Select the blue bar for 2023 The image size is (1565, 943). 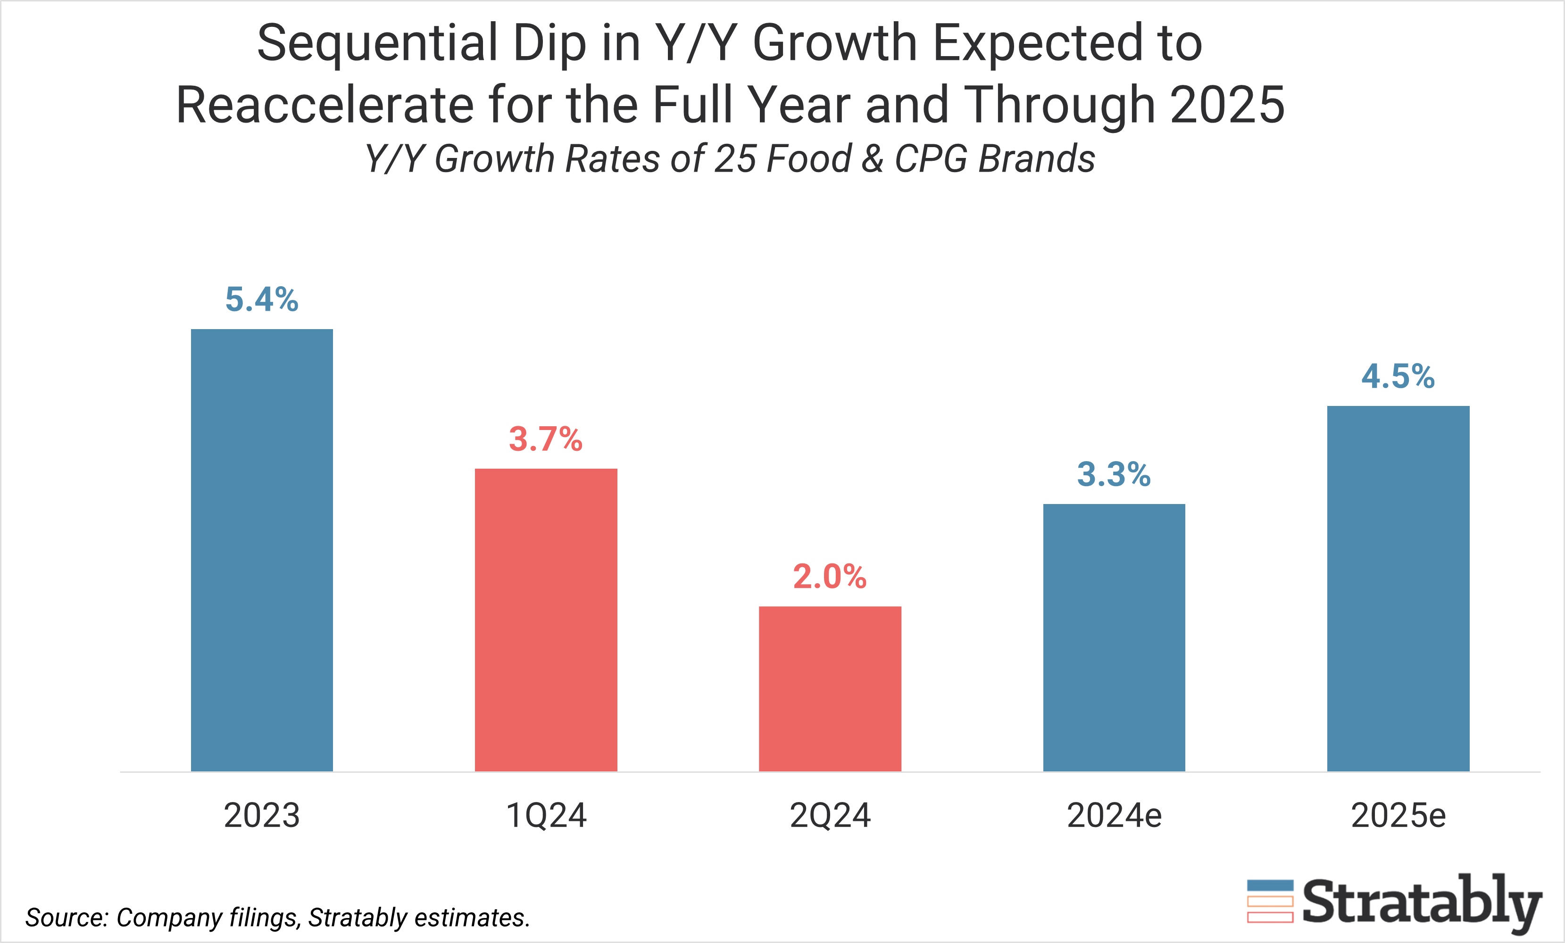click(x=262, y=550)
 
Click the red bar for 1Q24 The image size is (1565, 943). click(x=546, y=620)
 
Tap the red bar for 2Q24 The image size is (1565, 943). click(x=830, y=688)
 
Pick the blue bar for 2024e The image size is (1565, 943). click(x=1114, y=637)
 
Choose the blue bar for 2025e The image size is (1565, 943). click(x=1398, y=588)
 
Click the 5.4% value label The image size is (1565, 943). click(x=262, y=300)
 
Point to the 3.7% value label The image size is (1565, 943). click(x=546, y=439)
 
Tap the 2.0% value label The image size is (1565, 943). click(x=830, y=577)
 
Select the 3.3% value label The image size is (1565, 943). click(x=1114, y=475)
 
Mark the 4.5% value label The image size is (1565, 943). click(x=1398, y=377)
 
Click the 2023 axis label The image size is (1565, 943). click(x=262, y=815)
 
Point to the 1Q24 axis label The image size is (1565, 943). click(x=546, y=815)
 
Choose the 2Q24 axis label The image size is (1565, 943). click(x=830, y=815)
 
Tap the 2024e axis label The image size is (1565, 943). click(x=1114, y=815)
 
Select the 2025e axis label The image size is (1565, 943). click(x=1398, y=815)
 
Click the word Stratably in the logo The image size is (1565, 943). click(x=1422, y=902)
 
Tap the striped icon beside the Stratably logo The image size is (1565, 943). click(x=1270, y=902)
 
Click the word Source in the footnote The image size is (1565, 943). click(x=67, y=918)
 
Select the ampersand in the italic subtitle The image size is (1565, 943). click(x=873, y=159)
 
